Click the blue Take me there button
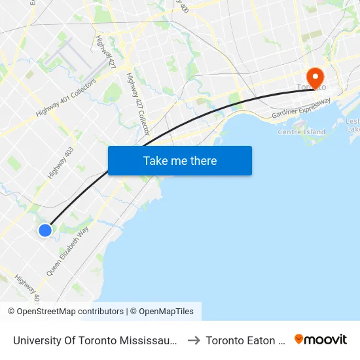pos(180,161)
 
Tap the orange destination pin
pos(315,78)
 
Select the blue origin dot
pos(45,230)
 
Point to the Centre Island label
pos(301,132)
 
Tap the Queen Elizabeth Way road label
pos(67,251)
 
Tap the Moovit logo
pos(321,340)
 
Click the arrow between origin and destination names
pos(194,340)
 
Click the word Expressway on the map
pos(310,106)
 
